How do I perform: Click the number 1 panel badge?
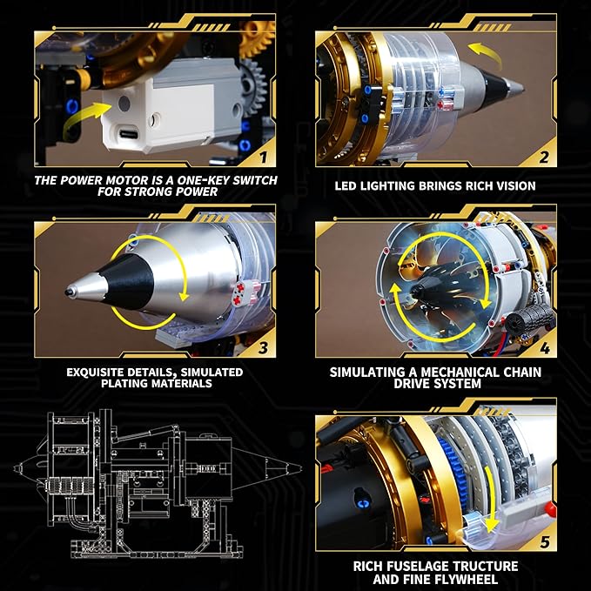point(261,156)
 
